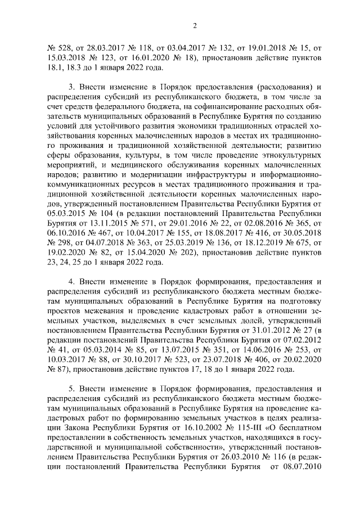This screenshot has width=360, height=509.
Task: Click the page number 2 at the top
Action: point(193,25)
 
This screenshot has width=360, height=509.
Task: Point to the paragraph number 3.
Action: point(71,87)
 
